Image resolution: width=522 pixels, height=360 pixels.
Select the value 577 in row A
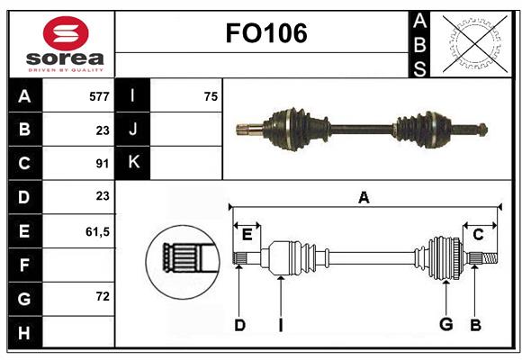point(98,95)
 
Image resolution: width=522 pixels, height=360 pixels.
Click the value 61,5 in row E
point(96,231)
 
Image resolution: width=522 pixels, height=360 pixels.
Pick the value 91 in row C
point(102,164)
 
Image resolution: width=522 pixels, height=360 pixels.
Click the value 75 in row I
point(210,95)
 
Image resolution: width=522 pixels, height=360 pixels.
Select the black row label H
point(24,333)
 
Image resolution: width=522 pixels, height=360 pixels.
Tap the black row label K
point(133,163)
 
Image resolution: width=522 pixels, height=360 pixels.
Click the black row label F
point(24,265)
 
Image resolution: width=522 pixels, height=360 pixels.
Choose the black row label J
point(133,130)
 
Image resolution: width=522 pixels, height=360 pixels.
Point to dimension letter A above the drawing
point(364,198)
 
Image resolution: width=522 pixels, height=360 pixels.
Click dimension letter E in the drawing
point(247,235)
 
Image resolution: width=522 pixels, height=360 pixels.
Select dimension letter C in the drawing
point(479,235)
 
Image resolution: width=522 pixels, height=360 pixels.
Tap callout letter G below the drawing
point(445,325)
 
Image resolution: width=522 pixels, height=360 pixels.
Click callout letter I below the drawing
point(280,325)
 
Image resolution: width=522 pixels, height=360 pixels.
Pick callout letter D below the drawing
point(239,325)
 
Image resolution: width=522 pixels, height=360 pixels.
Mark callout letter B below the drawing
point(475,325)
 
